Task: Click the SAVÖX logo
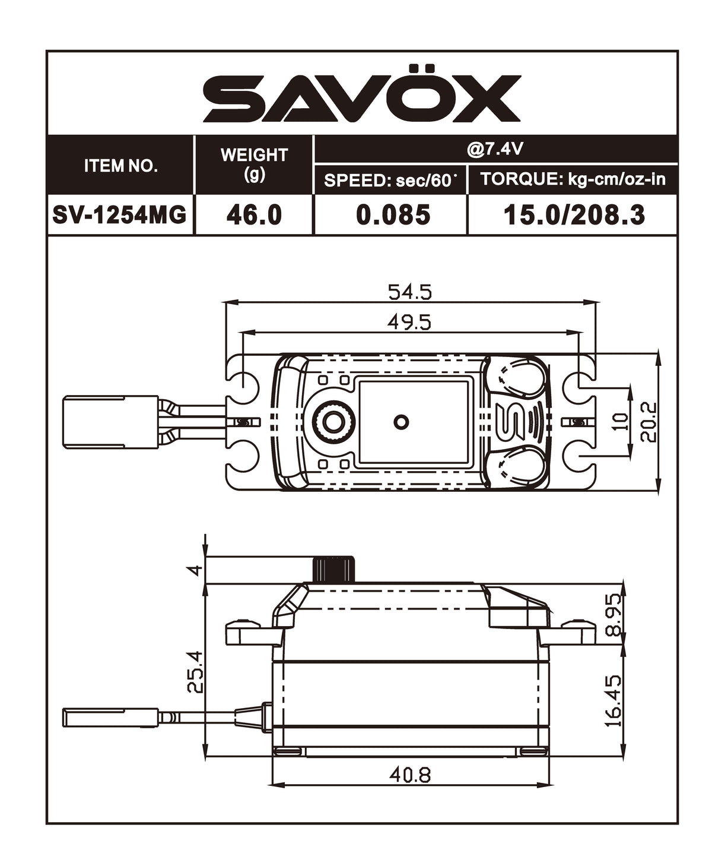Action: point(361,99)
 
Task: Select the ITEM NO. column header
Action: point(121,166)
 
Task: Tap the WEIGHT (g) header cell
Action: point(254,165)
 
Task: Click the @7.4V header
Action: point(495,149)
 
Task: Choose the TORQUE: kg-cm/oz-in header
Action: point(573,179)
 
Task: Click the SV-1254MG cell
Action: point(120,214)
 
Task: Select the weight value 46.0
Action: point(254,214)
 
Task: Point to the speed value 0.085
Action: point(393,214)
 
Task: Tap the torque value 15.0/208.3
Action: point(574,214)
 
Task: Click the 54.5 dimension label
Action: point(409,292)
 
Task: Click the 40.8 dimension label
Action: point(409,775)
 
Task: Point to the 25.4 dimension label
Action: point(195,671)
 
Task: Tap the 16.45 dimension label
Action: point(614,700)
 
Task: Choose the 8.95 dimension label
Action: point(614,614)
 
